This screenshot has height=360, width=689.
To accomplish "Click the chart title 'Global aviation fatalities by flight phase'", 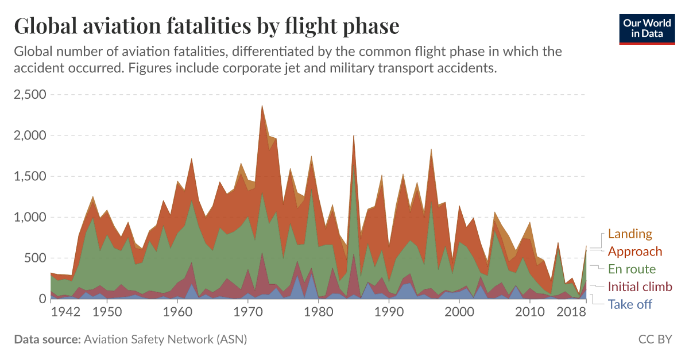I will point(206,26).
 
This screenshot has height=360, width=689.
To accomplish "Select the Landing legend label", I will point(630,234).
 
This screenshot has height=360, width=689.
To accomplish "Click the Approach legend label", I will point(634,251).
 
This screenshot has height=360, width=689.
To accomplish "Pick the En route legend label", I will point(632,269).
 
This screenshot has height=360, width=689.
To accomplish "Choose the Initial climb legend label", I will point(640,287).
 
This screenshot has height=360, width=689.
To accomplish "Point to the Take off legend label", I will point(630,304).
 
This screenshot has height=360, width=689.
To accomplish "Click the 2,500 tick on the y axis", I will point(30,94).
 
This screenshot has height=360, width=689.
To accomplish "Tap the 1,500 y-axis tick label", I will point(30,176).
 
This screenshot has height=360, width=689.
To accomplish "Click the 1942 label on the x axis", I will point(65,313).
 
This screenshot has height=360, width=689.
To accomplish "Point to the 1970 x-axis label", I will point(247,313).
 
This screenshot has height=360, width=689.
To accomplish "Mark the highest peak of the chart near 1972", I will point(262,106).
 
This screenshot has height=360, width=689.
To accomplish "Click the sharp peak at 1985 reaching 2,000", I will point(354,136).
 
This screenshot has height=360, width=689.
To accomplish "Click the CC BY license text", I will point(655,339).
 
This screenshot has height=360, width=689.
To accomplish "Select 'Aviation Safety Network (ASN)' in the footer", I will point(165,339).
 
